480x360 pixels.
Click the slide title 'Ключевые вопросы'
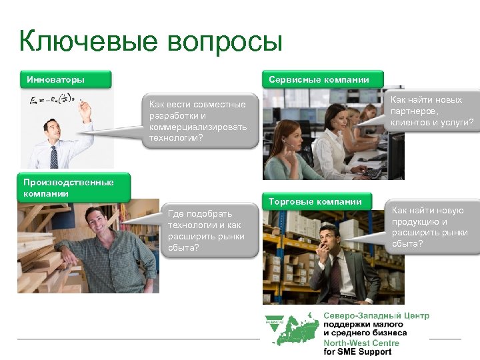tap(151, 41)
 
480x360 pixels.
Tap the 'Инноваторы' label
tap(55, 80)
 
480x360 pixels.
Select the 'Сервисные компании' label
tap(319, 80)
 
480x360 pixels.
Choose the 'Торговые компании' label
tap(315, 201)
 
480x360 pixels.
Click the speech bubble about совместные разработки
tap(198, 121)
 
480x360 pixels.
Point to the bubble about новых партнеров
tap(431, 111)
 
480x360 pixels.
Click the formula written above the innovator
tap(52, 99)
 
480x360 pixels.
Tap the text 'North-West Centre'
tap(361, 343)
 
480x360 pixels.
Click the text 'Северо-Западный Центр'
tap(376, 315)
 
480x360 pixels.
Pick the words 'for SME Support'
tap(357, 352)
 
